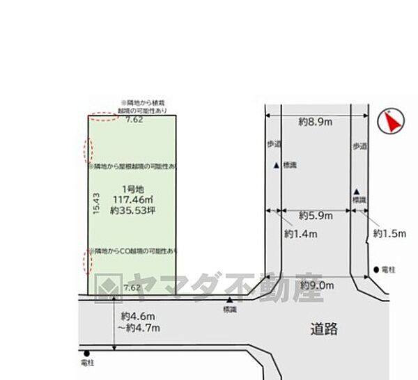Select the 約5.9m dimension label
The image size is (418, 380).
tap(315, 216)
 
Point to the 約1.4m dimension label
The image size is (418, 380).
tap(300, 234)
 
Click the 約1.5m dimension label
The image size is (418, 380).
tap(389, 234)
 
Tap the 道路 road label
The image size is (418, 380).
tap(324, 328)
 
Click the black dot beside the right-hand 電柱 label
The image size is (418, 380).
tap(376, 269)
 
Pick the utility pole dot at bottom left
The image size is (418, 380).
tap(86, 353)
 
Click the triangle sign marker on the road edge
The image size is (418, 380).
tap(229, 301)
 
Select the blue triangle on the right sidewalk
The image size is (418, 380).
tap(357, 191)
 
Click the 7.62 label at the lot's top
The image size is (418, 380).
tap(134, 120)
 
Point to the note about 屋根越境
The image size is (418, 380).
tap(132, 167)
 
